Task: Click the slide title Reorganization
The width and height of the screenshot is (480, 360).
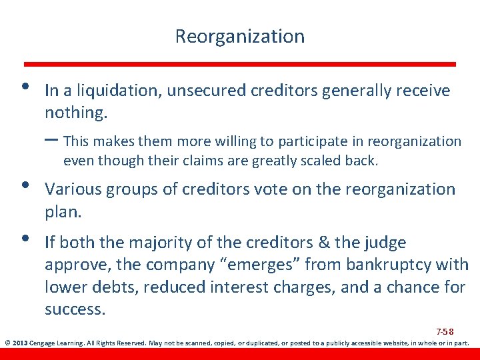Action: point(239,36)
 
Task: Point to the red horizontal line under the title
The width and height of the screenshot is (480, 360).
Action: point(240,64)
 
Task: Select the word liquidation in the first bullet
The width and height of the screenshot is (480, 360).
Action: point(123,91)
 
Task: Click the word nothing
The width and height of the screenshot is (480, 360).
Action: point(75,113)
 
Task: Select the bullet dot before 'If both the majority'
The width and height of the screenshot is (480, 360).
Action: point(25,239)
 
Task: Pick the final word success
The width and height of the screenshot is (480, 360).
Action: point(75,310)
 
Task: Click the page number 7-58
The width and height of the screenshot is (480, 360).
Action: point(445,331)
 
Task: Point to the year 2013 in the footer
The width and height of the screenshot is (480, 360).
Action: point(20,344)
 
